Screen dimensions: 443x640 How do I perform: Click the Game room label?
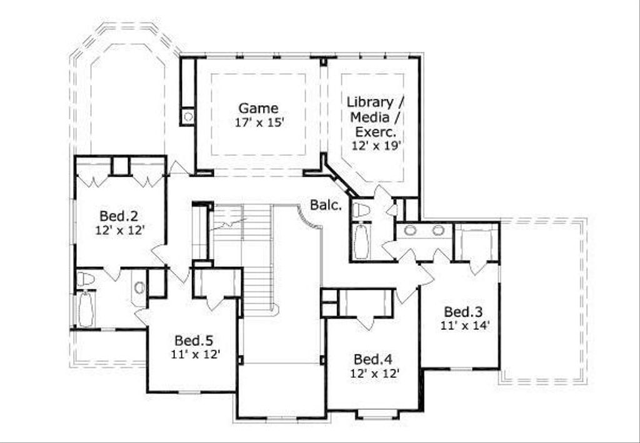point(258,108)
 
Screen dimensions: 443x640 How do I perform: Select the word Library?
point(370,102)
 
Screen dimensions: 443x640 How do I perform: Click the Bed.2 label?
point(119,216)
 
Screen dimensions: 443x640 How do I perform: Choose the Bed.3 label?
point(462,312)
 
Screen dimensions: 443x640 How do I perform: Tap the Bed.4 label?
point(372,359)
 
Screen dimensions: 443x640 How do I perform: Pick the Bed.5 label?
point(194,340)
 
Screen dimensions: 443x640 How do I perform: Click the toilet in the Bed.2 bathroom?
point(85,279)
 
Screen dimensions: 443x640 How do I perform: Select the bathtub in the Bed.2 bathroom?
point(85,309)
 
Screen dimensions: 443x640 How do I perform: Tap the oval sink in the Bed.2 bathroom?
point(139,288)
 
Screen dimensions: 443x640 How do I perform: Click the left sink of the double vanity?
point(411,230)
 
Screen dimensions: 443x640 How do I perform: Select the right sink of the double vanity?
point(438,230)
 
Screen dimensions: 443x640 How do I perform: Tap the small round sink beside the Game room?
point(187,116)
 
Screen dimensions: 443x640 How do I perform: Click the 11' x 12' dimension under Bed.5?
point(195,355)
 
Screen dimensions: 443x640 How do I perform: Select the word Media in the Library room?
point(371,117)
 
